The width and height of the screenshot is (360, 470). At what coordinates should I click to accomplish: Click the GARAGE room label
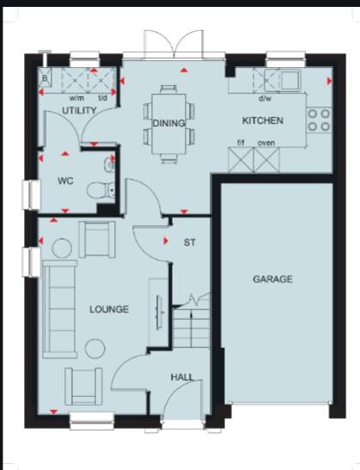tap(272, 279)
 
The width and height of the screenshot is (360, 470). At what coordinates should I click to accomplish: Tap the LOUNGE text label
tap(108, 308)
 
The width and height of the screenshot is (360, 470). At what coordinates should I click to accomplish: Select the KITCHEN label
tap(262, 121)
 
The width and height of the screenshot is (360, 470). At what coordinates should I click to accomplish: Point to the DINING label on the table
tap(169, 124)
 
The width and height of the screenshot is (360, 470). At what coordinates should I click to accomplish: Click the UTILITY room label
tap(79, 112)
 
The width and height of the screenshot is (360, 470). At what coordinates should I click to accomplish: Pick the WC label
tap(65, 182)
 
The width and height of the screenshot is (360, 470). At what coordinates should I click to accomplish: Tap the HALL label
tap(181, 376)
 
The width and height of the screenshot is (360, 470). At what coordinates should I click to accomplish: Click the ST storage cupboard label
tap(190, 243)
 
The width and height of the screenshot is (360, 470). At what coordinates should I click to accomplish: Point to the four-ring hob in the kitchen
tap(319, 119)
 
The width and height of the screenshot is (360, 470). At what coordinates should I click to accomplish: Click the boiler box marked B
tap(46, 78)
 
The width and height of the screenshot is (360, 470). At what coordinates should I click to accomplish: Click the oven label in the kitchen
tap(266, 143)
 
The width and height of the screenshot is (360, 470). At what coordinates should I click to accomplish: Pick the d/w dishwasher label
tap(265, 97)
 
